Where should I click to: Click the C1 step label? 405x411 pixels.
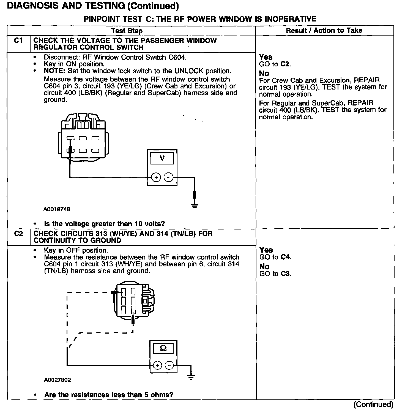tap(18, 41)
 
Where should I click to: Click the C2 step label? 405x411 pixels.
tap(18, 234)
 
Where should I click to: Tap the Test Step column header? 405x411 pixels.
tap(127, 31)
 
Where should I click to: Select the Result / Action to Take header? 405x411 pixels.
tap(324, 31)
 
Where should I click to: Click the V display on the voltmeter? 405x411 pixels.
tap(162, 158)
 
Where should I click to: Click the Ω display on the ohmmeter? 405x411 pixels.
tap(163, 348)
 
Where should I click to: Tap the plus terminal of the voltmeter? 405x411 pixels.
tap(156, 177)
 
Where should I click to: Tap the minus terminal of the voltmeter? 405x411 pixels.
tap(169, 177)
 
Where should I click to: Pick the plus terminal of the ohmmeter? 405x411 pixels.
tap(157, 366)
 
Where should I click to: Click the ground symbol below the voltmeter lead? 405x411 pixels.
tap(195, 205)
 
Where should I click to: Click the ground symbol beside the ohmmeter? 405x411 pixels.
tap(191, 377)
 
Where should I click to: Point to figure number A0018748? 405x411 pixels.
tap(57, 209)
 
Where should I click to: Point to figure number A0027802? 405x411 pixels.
tap(57, 380)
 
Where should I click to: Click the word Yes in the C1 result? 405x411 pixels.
tap(266, 57)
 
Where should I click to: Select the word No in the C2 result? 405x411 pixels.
tap(264, 267)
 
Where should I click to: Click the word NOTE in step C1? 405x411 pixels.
tap(54, 71)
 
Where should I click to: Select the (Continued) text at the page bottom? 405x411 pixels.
tap(373, 404)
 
